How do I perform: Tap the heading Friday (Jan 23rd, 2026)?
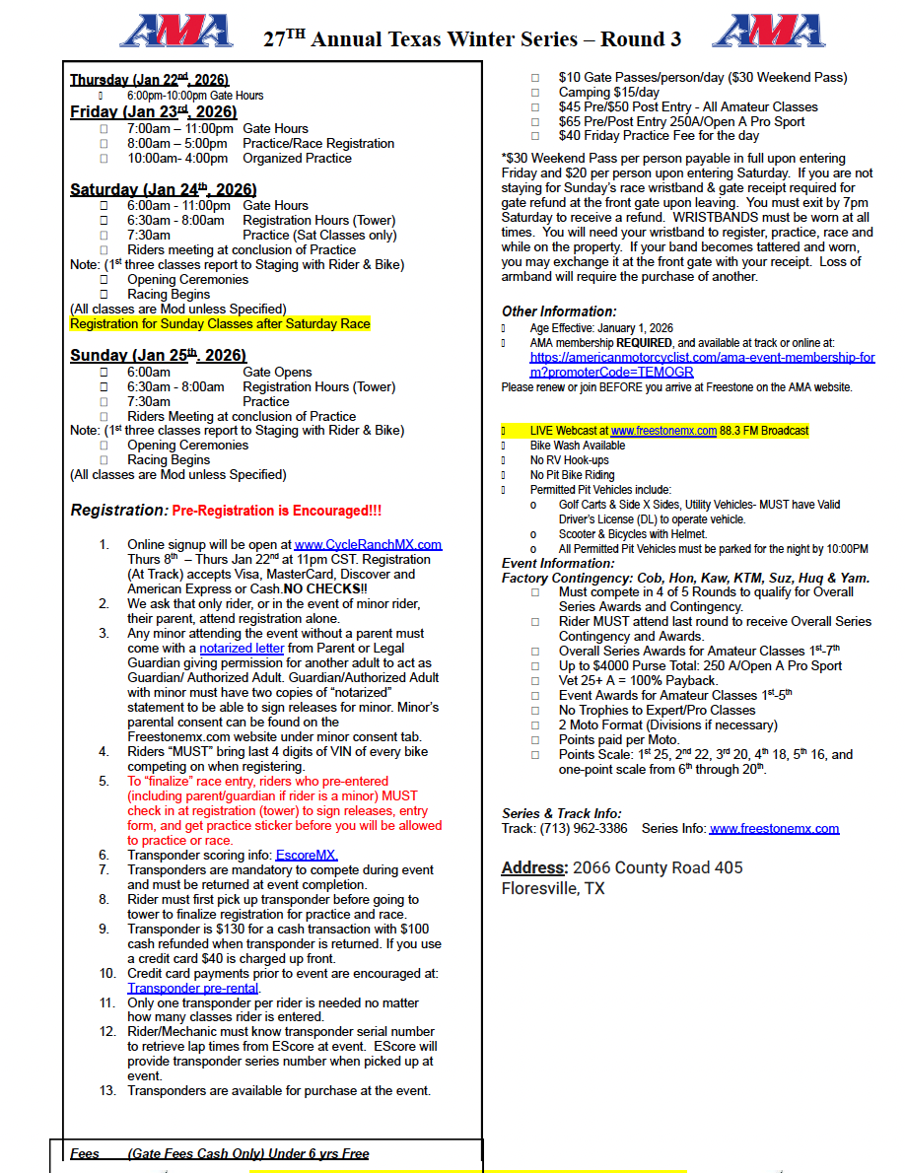pos(153,112)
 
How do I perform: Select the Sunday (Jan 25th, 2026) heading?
pos(158,355)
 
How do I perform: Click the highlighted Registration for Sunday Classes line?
pos(220,323)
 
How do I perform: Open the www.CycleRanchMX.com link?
pos(368,544)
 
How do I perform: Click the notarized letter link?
pos(242,649)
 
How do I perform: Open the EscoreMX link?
pos(307,856)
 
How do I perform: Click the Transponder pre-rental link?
pos(193,988)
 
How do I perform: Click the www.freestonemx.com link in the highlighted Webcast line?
pos(663,431)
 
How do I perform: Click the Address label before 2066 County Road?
pos(533,868)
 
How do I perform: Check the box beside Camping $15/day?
pos(535,92)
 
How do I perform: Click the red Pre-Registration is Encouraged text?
pos(276,512)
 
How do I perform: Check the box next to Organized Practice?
pos(104,158)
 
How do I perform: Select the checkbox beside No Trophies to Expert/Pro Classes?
pos(535,710)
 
